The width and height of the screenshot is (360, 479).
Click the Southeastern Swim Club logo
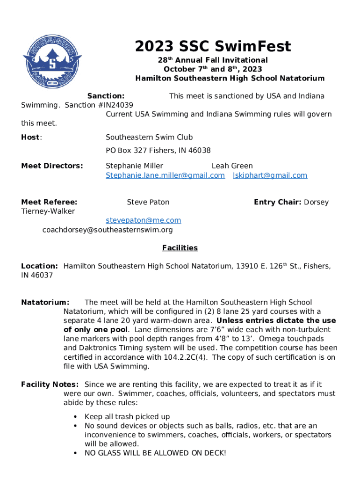point(52,59)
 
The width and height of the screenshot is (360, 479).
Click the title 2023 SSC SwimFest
point(213,46)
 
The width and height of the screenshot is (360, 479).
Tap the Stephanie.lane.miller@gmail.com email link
point(165,175)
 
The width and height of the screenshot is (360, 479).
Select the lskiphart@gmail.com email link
point(270,175)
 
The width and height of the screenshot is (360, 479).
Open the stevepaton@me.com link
point(143,220)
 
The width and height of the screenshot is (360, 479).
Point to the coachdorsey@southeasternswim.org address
point(108,230)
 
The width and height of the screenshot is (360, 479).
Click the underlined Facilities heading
point(180,248)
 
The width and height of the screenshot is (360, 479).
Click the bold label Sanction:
point(106,96)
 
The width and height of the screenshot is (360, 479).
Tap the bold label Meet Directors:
point(52,166)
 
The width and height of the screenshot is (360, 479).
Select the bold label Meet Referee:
point(49,203)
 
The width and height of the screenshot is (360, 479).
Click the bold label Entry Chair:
point(277,203)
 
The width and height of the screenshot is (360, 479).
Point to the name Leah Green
point(232,166)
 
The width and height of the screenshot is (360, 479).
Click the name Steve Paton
point(148,203)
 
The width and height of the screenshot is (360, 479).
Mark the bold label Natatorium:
point(45,303)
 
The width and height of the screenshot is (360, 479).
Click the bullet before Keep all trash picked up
point(76,417)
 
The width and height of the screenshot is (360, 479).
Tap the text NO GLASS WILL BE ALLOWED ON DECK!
point(155,453)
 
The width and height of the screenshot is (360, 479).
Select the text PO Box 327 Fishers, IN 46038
point(158,151)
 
